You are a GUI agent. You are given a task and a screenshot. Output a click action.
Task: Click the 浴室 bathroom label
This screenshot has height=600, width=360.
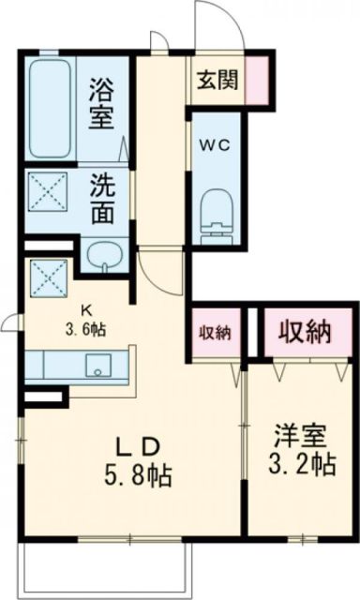click(x=101, y=105)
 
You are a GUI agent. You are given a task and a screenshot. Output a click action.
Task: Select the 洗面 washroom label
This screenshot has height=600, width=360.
click(x=103, y=196)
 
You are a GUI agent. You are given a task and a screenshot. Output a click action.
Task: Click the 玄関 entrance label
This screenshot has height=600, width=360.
click(x=217, y=80)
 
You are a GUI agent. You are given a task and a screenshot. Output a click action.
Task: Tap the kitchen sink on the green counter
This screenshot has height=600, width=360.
click(x=98, y=363)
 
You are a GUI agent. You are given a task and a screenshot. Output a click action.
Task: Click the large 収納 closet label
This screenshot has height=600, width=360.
click(x=304, y=330)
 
